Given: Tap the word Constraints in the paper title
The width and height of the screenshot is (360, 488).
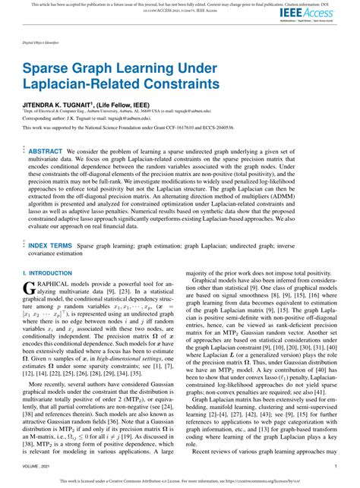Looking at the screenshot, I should click(x=179, y=81).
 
